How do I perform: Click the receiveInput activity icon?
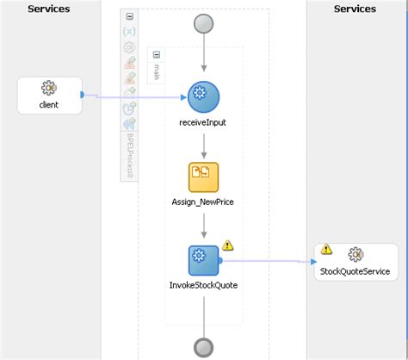(x=204, y=96)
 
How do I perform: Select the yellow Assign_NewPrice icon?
(x=203, y=177)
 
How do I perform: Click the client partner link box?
(x=49, y=95)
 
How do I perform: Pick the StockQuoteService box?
(x=355, y=260)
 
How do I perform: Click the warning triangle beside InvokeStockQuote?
(x=228, y=245)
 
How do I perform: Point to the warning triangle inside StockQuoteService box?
(x=326, y=250)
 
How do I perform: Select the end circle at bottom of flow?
(x=204, y=346)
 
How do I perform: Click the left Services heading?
(x=49, y=9)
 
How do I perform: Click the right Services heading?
(x=355, y=9)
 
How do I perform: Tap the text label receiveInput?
(x=204, y=122)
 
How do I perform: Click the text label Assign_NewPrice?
(x=204, y=202)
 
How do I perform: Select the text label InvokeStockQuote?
(x=204, y=284)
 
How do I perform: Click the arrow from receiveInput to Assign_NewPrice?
(x=204, y=142)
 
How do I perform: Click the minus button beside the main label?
(x=157, y=54)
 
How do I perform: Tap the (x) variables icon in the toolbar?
(x=129, y=32)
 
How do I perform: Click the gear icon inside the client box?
(x=49, y=88)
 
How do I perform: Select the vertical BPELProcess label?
(x=130, y=155)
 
